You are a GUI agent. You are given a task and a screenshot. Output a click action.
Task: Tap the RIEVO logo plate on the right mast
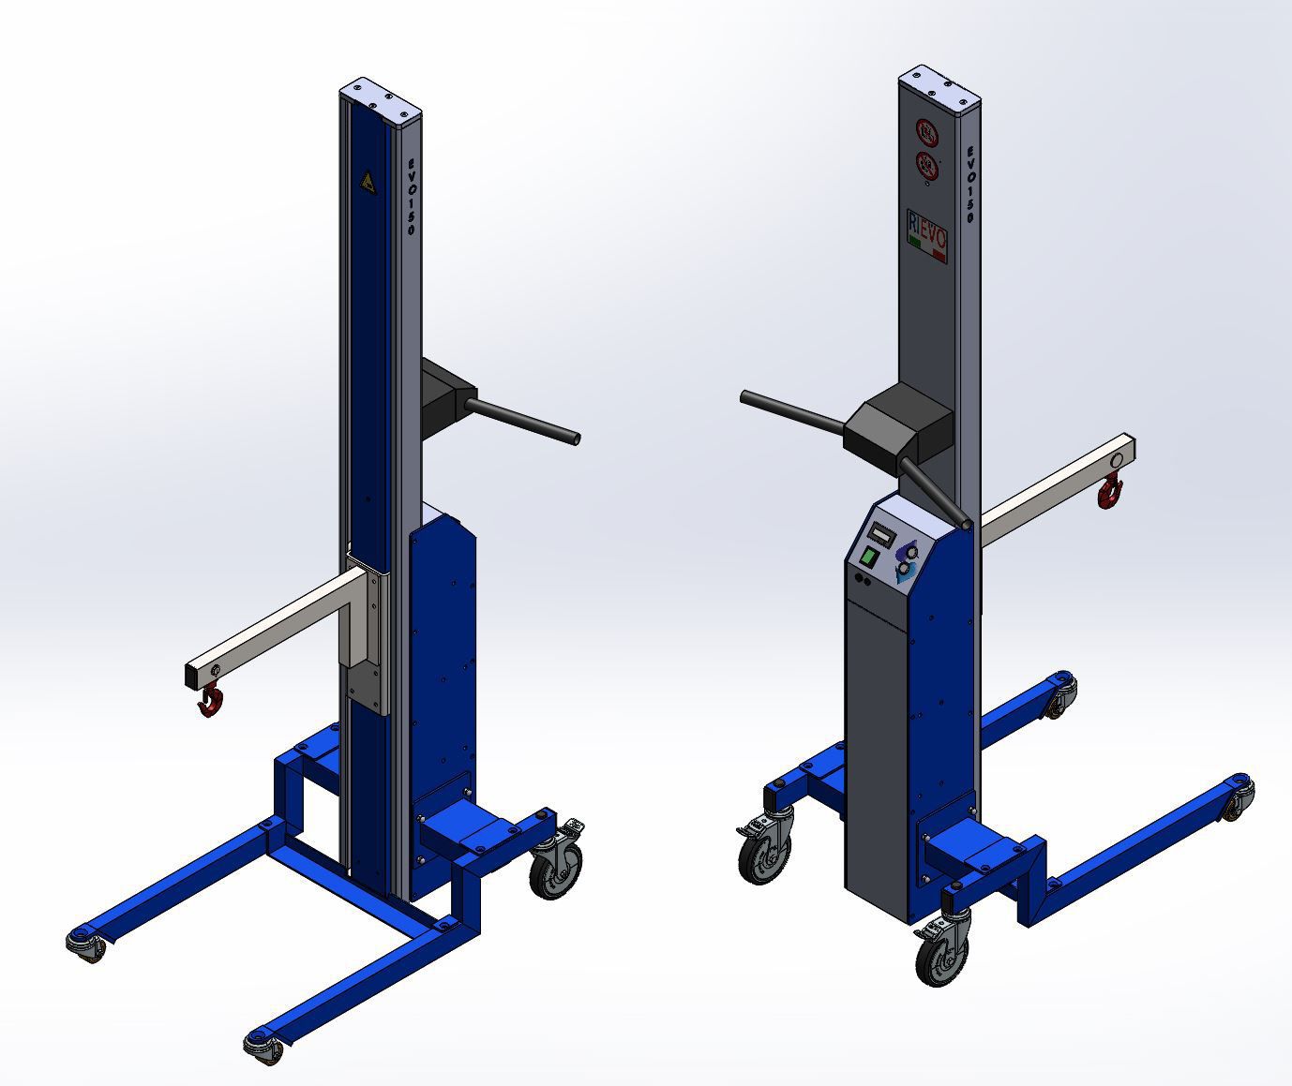(x=927, y=232)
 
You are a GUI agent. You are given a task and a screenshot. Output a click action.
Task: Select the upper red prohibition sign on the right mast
(x=926, y=132)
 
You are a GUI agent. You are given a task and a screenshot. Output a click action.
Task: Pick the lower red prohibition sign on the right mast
(x=927, y=165)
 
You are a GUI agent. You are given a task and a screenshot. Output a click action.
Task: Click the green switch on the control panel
(x=869, y=558)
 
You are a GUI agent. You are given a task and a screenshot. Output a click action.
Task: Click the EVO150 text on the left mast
(x=410, y=197)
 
